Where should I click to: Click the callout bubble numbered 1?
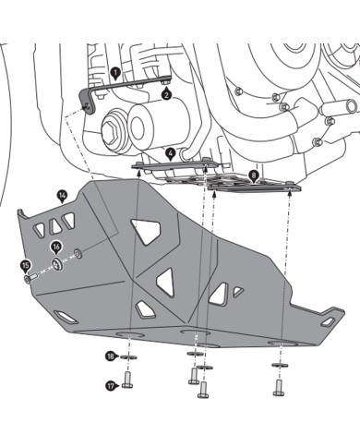pyautogui.click(x=114, y=70)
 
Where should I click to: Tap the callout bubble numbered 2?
pyautogui.click(x=165, y=94)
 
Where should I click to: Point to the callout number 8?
pyautogui.click(x=254, y=174)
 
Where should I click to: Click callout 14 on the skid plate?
pyautogui.click(x=62, y=195)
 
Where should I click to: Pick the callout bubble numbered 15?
pyautogui.click(x=25, y=266)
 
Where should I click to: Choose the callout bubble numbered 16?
pyautogui.click(x=56, y=248)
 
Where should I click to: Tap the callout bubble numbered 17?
pyautogui.click(x=111, y=386)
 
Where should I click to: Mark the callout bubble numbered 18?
pyautogui.click(x=111, y=356)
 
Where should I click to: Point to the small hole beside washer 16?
pyautogui.click(x=78, y=252)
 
